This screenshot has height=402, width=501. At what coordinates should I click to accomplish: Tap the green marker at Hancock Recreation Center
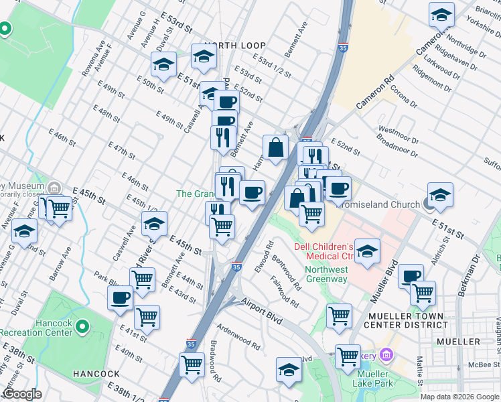82,327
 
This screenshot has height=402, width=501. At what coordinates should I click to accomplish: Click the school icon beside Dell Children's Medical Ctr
367,251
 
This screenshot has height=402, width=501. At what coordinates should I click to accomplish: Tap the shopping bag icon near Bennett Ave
275,147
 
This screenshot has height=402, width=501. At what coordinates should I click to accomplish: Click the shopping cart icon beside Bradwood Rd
192,364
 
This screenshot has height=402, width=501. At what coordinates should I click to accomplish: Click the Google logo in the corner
21,394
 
